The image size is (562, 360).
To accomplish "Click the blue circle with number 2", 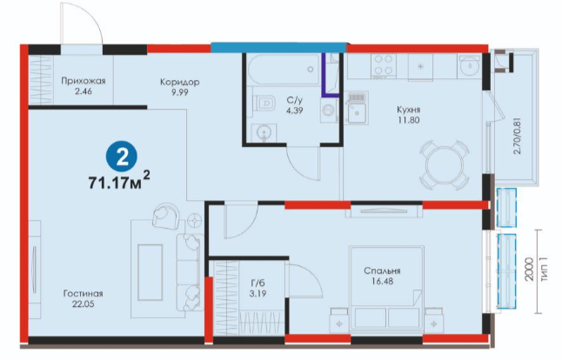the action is (x=122, y=157).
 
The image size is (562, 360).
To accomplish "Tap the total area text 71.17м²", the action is (x=119, y=181).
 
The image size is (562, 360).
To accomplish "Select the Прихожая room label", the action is (x=84, y=81).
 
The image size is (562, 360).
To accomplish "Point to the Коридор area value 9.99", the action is (x=179, y=92).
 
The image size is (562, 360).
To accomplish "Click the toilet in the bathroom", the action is (x=264, y=103).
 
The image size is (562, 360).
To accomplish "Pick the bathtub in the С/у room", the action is (x=283, y=70).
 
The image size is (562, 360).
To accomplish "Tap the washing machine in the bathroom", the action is (x=329, y=110).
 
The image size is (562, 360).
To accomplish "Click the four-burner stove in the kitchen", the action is (x=384, y=65).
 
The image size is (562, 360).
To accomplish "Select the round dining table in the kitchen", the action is (x=445, y=165).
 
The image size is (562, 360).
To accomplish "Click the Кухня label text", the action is (x=408, y=110).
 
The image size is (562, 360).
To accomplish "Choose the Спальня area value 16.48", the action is (x=382, y=281).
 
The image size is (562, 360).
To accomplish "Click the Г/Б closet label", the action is (x=258, y=283).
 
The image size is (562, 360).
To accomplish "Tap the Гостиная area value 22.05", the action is (x=84, y=304).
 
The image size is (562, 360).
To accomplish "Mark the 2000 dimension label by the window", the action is (x=532, y=269).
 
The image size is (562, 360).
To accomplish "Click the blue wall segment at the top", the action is (x=278, y=48).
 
